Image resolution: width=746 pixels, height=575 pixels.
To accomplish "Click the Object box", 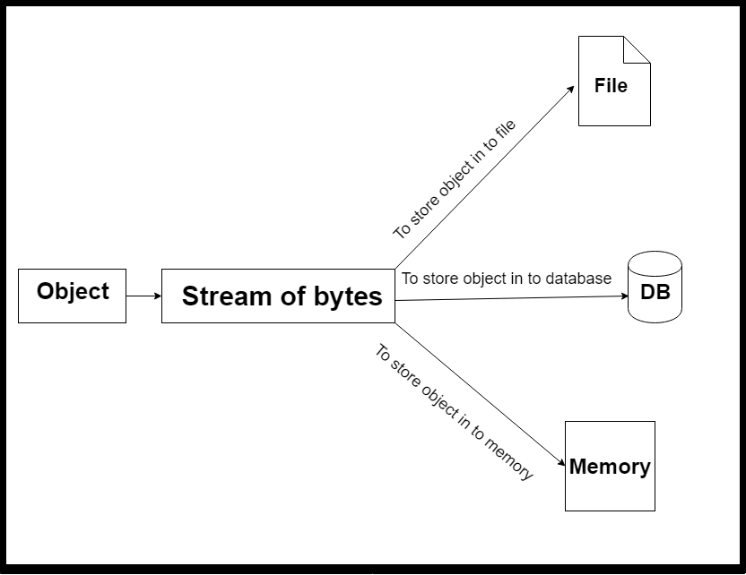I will click(x=72, y=296).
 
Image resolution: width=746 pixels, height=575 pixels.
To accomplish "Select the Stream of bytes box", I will click(x=278, y=296).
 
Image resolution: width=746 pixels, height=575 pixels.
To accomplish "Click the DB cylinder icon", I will click(x=655, y=288).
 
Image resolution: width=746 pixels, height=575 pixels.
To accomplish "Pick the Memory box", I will click(x=610, y=466).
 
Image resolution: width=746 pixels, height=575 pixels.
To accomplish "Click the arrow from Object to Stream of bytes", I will click(x=143, y=296).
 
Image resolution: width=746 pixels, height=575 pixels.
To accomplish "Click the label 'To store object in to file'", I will click(x=455, y=179).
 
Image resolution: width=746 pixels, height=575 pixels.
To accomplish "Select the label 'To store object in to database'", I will click(x=507, y=279).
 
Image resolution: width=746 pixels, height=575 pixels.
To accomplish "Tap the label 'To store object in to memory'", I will click(x=454, y=413).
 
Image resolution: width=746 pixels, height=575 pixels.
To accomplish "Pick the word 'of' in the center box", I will click(x=291, y=296).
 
